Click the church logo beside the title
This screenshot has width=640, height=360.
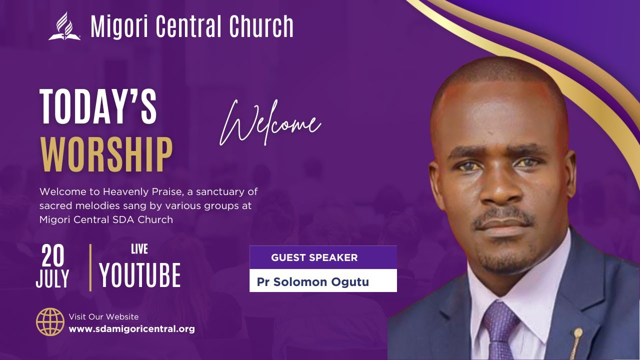tap(64, 26)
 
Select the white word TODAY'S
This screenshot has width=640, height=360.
tap(98, 106)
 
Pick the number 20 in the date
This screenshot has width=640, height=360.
tap(53, 256)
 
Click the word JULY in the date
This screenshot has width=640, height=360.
tap(52, 279)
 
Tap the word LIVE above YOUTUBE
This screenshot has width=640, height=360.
tap(139, 248)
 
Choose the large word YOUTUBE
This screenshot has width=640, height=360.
tap(140, 275)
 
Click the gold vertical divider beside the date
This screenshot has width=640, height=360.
tap(90, 267)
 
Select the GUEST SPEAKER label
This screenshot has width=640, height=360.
tap(314, 258)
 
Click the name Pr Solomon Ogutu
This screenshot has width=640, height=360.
tap(312, 282)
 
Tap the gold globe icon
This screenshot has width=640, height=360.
tap(50, 322)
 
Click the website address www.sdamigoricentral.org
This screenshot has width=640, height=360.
tap(131, 329)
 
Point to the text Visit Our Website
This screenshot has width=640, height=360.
tap(103, 316)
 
